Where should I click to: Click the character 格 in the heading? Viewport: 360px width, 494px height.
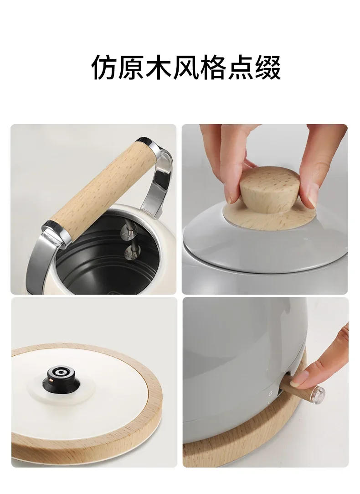(x=213, y=67)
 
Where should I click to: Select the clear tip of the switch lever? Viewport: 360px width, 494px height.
(x=317, y=394)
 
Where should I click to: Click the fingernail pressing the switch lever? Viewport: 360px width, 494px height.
(x=298, y=379)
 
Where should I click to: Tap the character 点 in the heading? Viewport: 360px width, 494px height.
(x=240, y=67)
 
